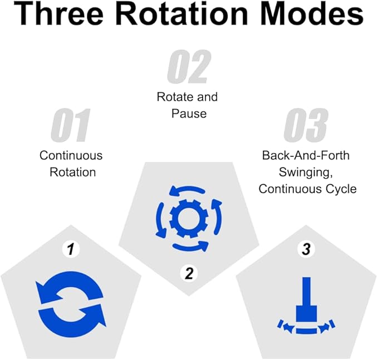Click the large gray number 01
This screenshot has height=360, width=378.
(70, 125)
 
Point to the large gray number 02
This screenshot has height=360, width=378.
(189, 67)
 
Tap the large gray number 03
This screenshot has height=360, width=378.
(306, 125)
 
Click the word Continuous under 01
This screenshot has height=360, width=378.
(71, 155)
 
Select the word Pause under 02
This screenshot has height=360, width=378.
(189, 114)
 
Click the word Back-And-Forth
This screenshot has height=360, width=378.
(306, 155)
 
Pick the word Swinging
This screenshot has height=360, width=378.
(306, 172)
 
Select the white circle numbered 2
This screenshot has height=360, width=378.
(189, 273)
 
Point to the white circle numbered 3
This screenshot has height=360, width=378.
(306, 249)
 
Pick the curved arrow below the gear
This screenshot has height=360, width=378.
(191, 246)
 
